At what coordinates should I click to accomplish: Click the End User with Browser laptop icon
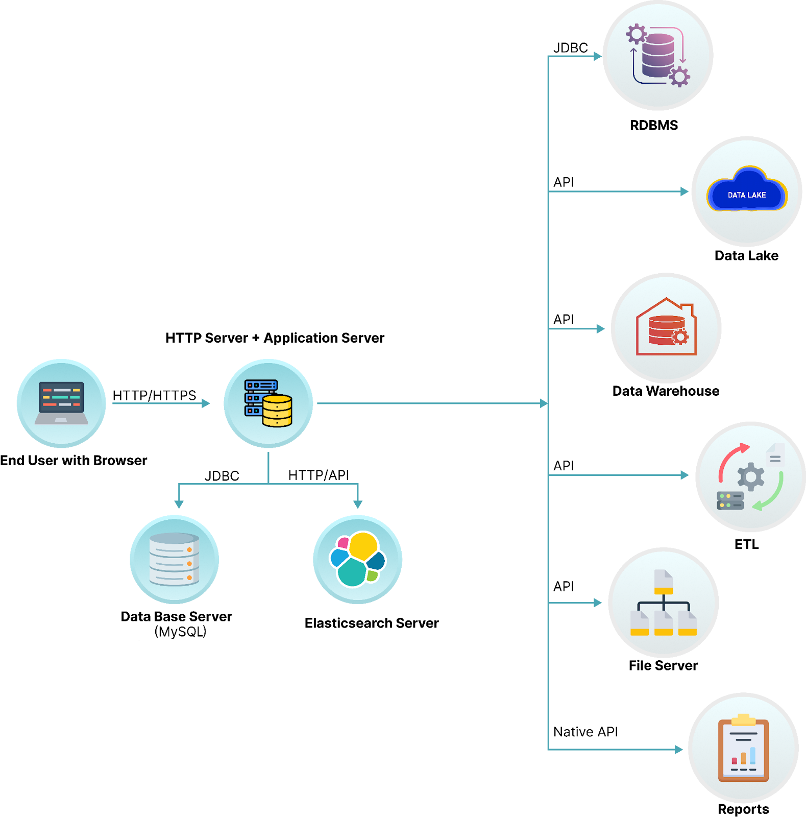pos(61,403)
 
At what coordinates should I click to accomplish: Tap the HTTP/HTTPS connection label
pos(154,395)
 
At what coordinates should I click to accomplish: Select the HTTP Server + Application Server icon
pos(268,403)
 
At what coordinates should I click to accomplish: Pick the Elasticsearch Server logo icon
pos(357,559)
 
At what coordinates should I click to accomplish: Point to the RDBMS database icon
pos(658,55)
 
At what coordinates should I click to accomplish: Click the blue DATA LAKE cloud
pos(747,191)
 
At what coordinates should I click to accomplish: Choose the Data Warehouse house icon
pos(666,327)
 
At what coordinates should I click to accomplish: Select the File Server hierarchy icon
pos(663,602)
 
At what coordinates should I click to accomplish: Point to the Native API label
pos(585,732)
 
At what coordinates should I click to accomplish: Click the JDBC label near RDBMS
pos(571,47)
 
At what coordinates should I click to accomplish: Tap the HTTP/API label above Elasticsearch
pos(319,475)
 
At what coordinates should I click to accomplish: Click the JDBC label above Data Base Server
pos(222,476)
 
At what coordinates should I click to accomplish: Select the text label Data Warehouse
pos(666,391)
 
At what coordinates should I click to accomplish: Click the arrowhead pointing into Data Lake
pos(685,191)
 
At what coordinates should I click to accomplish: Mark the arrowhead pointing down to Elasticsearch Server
pos(358,504)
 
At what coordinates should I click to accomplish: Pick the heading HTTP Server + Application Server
pos(275,338)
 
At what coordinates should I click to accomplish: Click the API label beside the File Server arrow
pos(564,586)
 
